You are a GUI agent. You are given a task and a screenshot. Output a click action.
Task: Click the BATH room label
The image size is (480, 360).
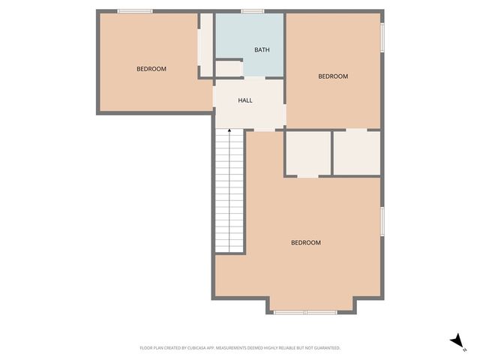click(262, 50)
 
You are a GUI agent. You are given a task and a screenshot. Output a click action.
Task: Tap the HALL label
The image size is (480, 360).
click(245, 100)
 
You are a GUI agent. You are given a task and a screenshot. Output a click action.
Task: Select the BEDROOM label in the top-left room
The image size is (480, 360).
click(151, 69)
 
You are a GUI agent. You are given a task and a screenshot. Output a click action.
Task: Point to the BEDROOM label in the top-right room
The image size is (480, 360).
click(333, 76)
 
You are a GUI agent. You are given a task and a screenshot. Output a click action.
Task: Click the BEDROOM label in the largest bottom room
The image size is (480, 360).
click(306, 242)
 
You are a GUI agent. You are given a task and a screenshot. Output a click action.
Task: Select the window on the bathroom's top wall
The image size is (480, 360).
click(252, 11)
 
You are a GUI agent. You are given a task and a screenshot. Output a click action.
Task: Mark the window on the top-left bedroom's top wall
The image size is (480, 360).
click(136, 11)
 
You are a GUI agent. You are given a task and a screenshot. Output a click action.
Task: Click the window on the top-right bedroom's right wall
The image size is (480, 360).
click(382, 38)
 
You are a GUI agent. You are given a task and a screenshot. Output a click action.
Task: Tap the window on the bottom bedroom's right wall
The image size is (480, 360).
click(382, 222)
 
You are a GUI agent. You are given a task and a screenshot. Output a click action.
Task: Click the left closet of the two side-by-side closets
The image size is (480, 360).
click(307, 154)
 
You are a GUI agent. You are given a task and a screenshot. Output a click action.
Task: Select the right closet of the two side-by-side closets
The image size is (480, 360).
click(356, 153)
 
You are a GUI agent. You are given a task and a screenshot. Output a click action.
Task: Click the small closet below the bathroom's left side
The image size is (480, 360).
click(229, 69)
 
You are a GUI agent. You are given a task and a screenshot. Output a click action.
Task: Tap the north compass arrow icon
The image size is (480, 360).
click(455, 340)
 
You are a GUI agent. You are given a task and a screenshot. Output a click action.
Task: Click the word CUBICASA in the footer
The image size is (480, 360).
click(211, 348)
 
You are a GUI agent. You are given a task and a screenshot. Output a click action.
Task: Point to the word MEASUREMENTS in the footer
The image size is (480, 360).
click(252, 348)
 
